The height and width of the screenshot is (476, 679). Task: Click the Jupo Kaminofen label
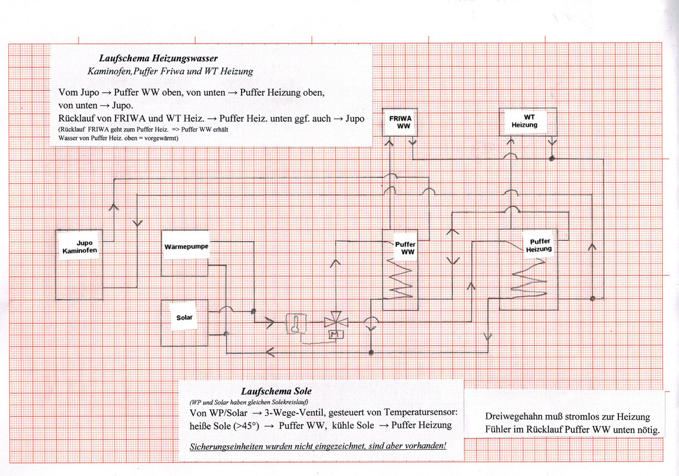click(80, 247)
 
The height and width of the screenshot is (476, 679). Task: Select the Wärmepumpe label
click(185, 246)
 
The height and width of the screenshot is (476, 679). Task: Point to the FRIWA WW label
click(399, 123)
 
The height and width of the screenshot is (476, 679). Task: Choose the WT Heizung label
click(524, 121)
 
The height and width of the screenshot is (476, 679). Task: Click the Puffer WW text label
click(405, 248)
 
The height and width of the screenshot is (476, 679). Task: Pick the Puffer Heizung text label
click(539, 246)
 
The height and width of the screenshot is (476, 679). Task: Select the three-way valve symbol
click(336, 322)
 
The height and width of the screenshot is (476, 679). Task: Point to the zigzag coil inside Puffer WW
click(399, 276)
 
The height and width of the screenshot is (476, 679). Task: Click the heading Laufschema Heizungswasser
click(158, 59)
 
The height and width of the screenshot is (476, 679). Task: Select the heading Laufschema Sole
click(276, 392)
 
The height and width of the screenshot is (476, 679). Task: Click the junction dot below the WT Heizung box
click(552, 159)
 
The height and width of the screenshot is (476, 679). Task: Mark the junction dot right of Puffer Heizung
click(592, 298)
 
